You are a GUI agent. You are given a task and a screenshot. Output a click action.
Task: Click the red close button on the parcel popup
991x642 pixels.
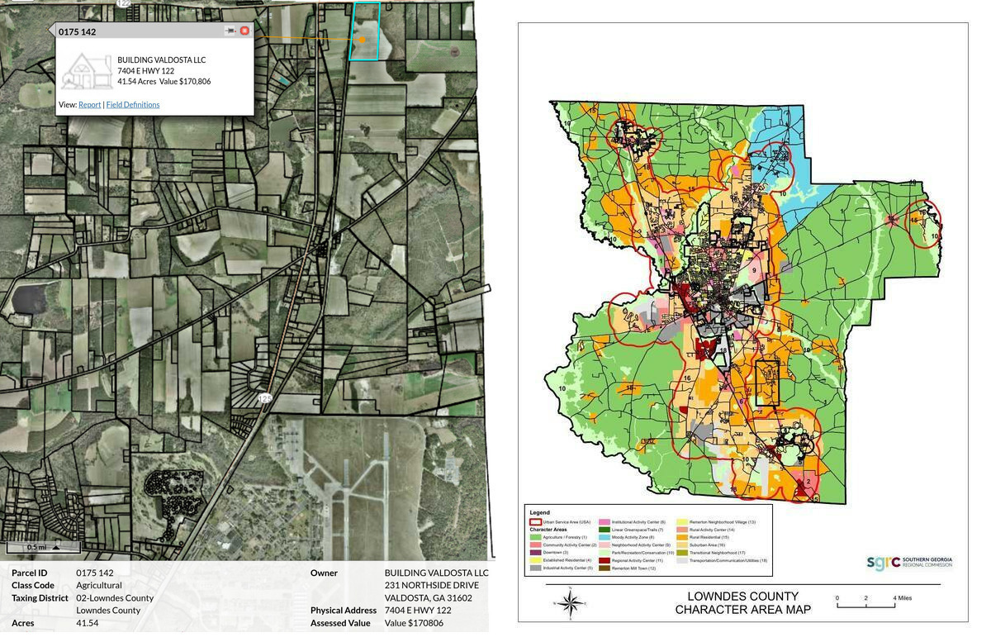(x=244, y=31)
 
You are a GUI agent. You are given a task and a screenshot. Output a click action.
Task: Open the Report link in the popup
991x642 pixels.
(x=89, y=105)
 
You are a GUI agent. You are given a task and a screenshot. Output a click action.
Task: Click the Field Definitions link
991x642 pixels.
(x=133, y=105)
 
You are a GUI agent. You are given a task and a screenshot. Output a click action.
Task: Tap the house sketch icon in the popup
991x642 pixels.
(x=87, y=71)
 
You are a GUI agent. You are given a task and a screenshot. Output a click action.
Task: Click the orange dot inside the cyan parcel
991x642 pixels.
(x=362, y=39)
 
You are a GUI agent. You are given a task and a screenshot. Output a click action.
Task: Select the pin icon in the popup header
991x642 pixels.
(x=230, y=31)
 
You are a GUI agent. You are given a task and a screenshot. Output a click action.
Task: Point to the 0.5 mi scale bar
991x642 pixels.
(x=43, y=547)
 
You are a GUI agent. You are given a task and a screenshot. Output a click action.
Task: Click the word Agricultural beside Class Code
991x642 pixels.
(x=99, y=585)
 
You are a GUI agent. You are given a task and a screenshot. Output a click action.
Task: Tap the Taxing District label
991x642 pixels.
(x=40, y=597)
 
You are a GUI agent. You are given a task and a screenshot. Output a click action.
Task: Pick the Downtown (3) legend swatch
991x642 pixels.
(x=535, y=553)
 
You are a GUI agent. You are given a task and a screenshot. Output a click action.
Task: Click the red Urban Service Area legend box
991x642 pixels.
(x=535, y=522)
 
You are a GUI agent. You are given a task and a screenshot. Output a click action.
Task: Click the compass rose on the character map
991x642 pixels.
(x=569, y=603)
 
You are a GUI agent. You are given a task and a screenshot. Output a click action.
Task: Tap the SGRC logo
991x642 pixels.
(x=908, y=563)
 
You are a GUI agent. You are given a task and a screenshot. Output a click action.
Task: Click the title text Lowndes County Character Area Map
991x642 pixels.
(x=742, y=603)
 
